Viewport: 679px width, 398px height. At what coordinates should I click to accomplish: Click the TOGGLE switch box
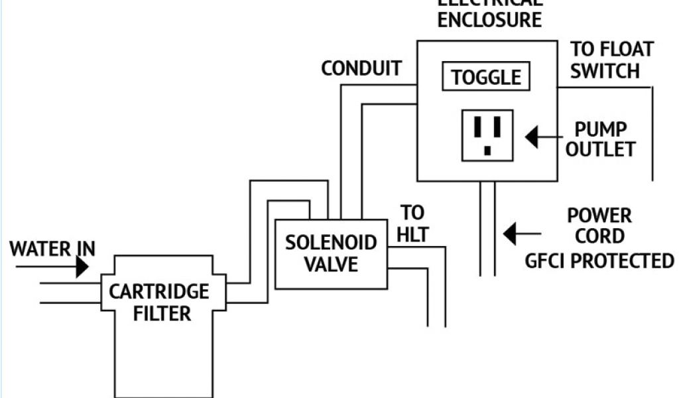tap(486, 78)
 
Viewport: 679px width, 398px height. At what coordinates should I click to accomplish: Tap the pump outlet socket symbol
tap(487, 135)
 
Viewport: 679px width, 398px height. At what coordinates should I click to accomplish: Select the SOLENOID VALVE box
tap(331, 253)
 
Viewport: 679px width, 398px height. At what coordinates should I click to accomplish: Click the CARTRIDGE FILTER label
tap(159, 302)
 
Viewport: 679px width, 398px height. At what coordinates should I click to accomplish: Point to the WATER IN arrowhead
tap(82, 267)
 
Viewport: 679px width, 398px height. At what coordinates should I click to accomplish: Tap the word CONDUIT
tap(361, 68)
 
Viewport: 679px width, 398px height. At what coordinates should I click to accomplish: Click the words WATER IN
tap(52, 249)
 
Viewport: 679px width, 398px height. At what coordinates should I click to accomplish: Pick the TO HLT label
tap(414, 224)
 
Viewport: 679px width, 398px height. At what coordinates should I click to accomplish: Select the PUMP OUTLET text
tap(601, 139)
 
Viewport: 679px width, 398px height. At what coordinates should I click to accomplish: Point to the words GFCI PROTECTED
tap(599, 261)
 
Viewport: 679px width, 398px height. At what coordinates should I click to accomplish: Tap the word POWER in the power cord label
tap(599, 216)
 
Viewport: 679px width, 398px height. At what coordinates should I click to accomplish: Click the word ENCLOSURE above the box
tap(489, 20)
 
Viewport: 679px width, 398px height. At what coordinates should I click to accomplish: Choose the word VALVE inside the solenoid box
tap(331, 264)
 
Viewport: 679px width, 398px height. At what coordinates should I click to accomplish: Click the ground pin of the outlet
tap(487, 151)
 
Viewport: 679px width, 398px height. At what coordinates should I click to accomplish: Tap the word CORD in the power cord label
tap(599, 237)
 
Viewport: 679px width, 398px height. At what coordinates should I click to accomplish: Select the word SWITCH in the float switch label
tap(605, 70)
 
